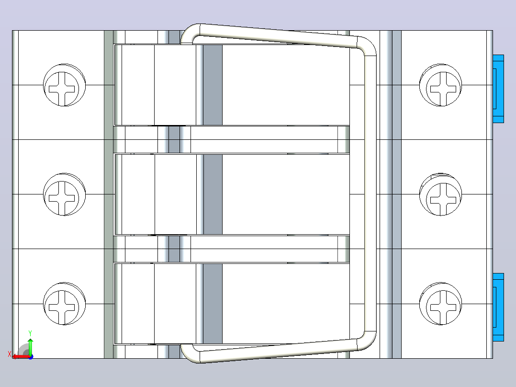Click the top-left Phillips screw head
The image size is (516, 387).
[x=64, y=85]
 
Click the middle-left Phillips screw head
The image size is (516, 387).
[x=64, y=194]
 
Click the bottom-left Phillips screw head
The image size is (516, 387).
[x=64, y=304]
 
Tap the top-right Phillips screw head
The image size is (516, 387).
[x=441, y=85]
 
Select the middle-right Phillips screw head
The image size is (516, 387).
[x=441, y=194]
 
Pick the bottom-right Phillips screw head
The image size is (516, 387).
[x=441, y=304]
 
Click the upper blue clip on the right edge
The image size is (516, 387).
[x=498, y=89]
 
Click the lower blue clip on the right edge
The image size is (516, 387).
[x=498, y=307]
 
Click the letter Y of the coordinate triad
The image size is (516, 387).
[x=30, y=333]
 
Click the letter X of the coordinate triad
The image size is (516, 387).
[x=10, y=354]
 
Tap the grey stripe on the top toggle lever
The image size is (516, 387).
[x=213, y=85]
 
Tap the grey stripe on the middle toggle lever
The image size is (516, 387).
[x=213, y=194]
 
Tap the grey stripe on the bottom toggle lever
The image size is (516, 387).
[x=213, y=304]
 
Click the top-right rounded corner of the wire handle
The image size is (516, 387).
[x=367, y=46]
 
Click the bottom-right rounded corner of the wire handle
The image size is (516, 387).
[x=367, y=341]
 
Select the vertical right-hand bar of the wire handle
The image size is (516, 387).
[x=370, y=193]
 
